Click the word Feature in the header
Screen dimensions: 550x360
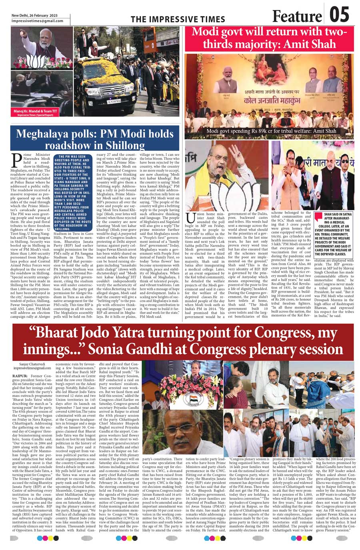click(x=296, y=16)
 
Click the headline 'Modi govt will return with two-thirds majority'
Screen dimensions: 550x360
click(x=269, y=38)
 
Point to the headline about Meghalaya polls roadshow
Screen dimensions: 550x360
click(x=95, y=139)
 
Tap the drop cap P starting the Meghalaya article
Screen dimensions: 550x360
click(x=17, y=159)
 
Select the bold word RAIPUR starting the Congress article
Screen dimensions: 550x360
click(x=20, y=376)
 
